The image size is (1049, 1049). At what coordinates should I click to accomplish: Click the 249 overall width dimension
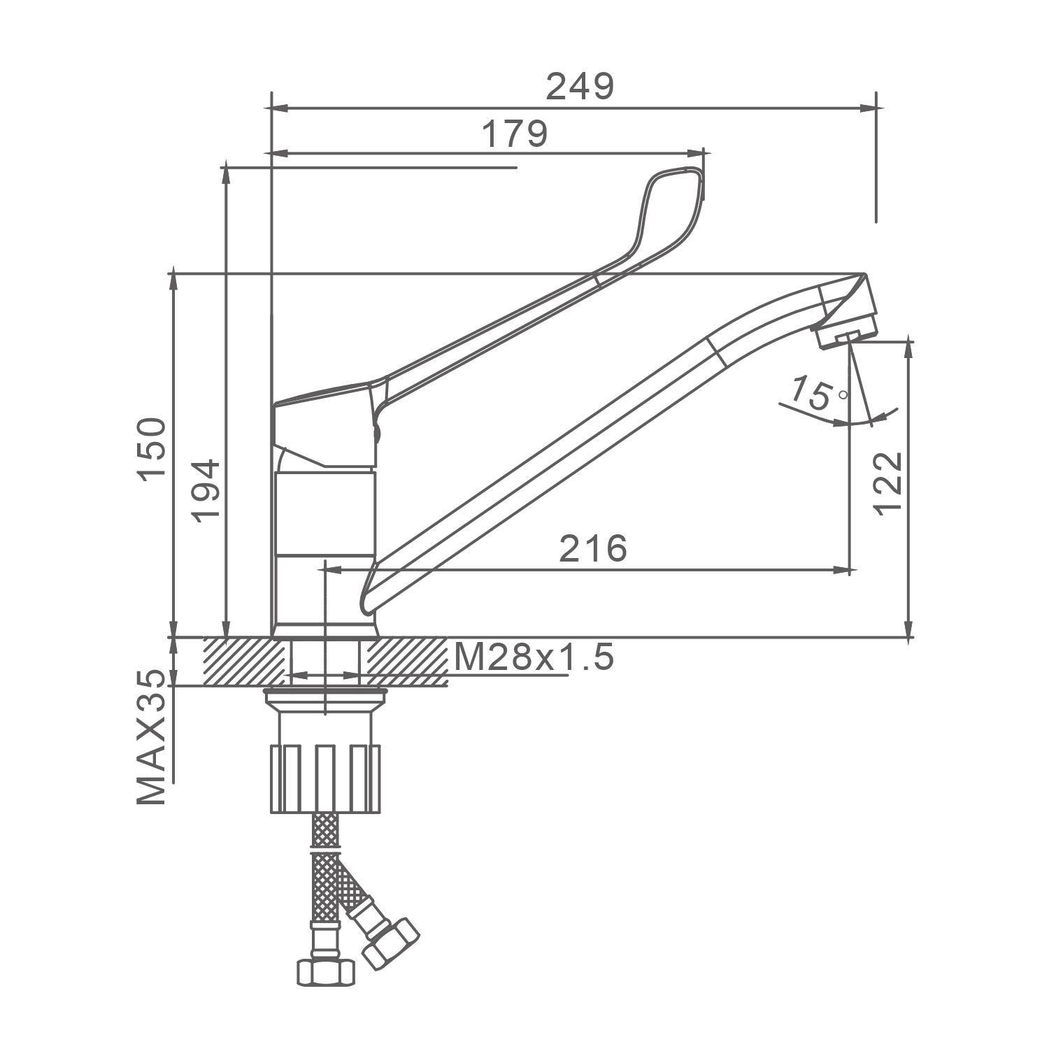point(579,87)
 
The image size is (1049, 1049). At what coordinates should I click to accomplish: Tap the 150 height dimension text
point(152,448)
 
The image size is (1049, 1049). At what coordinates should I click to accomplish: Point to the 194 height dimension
point(206,490)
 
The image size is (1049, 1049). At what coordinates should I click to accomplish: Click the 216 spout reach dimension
point(593,548)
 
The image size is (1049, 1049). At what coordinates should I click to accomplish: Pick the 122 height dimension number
point(889,484)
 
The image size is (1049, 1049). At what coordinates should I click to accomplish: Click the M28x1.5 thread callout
point(534,657)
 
